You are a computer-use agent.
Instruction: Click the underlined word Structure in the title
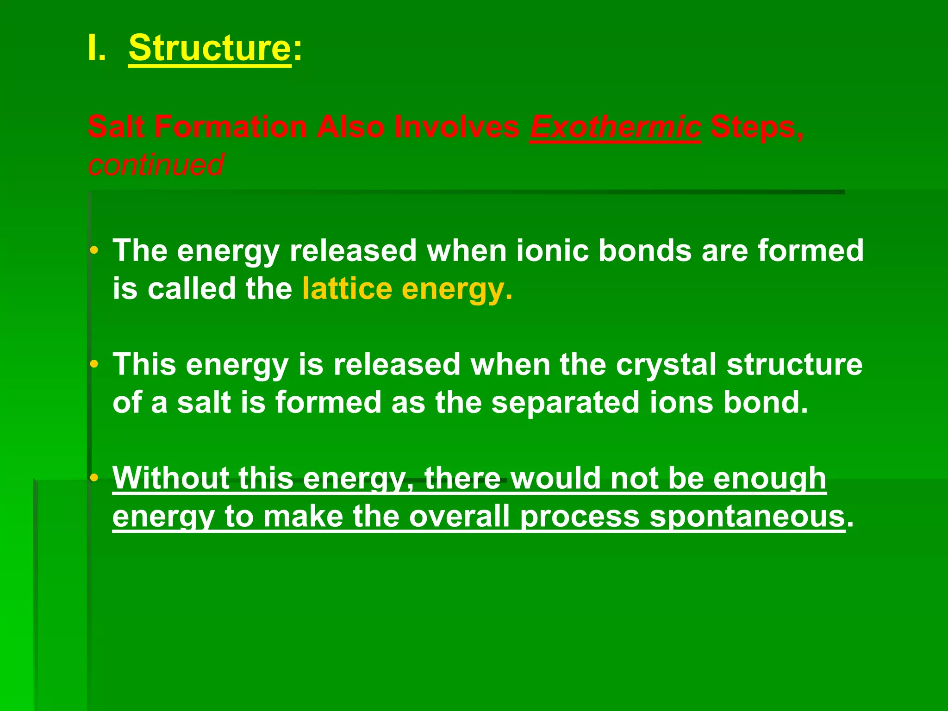pos(209,48)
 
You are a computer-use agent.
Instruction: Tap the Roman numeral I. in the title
pos(96,48)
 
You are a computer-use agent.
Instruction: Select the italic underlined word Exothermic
pos(615,127)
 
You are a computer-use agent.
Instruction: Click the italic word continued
pos(156,165)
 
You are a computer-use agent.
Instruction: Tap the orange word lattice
pos(347,289)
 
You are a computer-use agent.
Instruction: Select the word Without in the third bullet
pos(171,478)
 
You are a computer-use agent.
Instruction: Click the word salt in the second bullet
pos(204,403)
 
